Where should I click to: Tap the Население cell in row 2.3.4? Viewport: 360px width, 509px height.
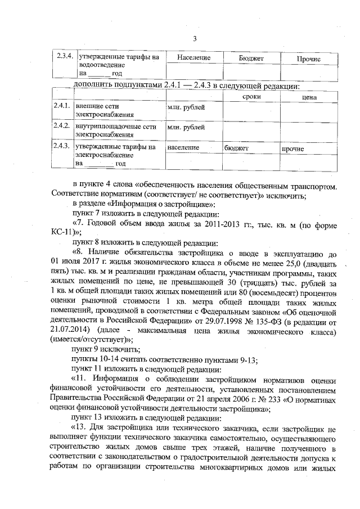193,58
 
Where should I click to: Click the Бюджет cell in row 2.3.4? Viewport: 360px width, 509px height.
251,58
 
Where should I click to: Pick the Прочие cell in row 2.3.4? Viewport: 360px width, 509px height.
308,58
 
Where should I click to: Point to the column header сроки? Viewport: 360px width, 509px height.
251,97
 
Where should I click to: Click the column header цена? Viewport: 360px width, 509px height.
309,97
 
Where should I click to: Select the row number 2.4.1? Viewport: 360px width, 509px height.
61,106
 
